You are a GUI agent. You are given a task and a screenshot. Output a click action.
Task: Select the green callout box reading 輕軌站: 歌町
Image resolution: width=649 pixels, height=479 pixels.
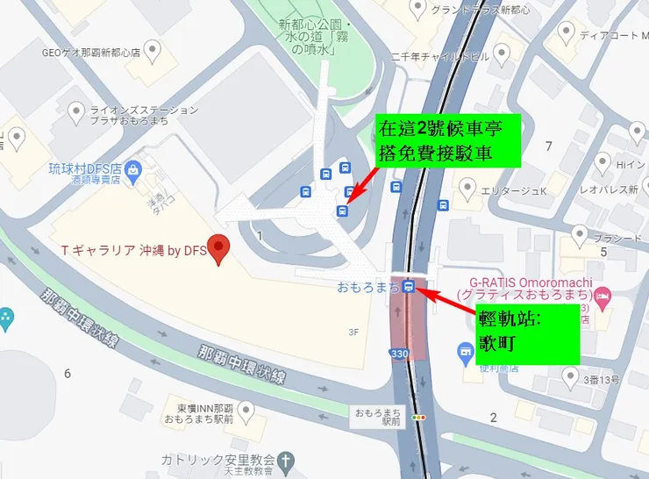tap(527, 333)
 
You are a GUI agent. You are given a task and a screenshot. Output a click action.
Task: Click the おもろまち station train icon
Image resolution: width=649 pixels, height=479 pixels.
tap(410, 286)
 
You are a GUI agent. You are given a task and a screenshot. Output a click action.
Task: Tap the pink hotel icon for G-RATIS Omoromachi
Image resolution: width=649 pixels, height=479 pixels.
tap(604, 298)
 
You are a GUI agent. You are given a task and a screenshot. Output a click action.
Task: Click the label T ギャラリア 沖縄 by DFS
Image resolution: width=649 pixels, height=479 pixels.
tap(132, 251)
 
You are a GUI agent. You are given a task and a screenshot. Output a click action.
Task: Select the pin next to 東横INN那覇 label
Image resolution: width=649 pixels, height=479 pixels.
tap(246, 410)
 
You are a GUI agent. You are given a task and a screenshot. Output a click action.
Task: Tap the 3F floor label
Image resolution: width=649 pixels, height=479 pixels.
tap(353, 332)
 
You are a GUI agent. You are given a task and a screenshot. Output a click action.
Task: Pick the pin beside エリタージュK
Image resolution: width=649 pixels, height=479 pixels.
tap(468, 188)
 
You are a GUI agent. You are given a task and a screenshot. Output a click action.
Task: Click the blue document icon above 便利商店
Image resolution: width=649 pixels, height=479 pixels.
tap(466, 352)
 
